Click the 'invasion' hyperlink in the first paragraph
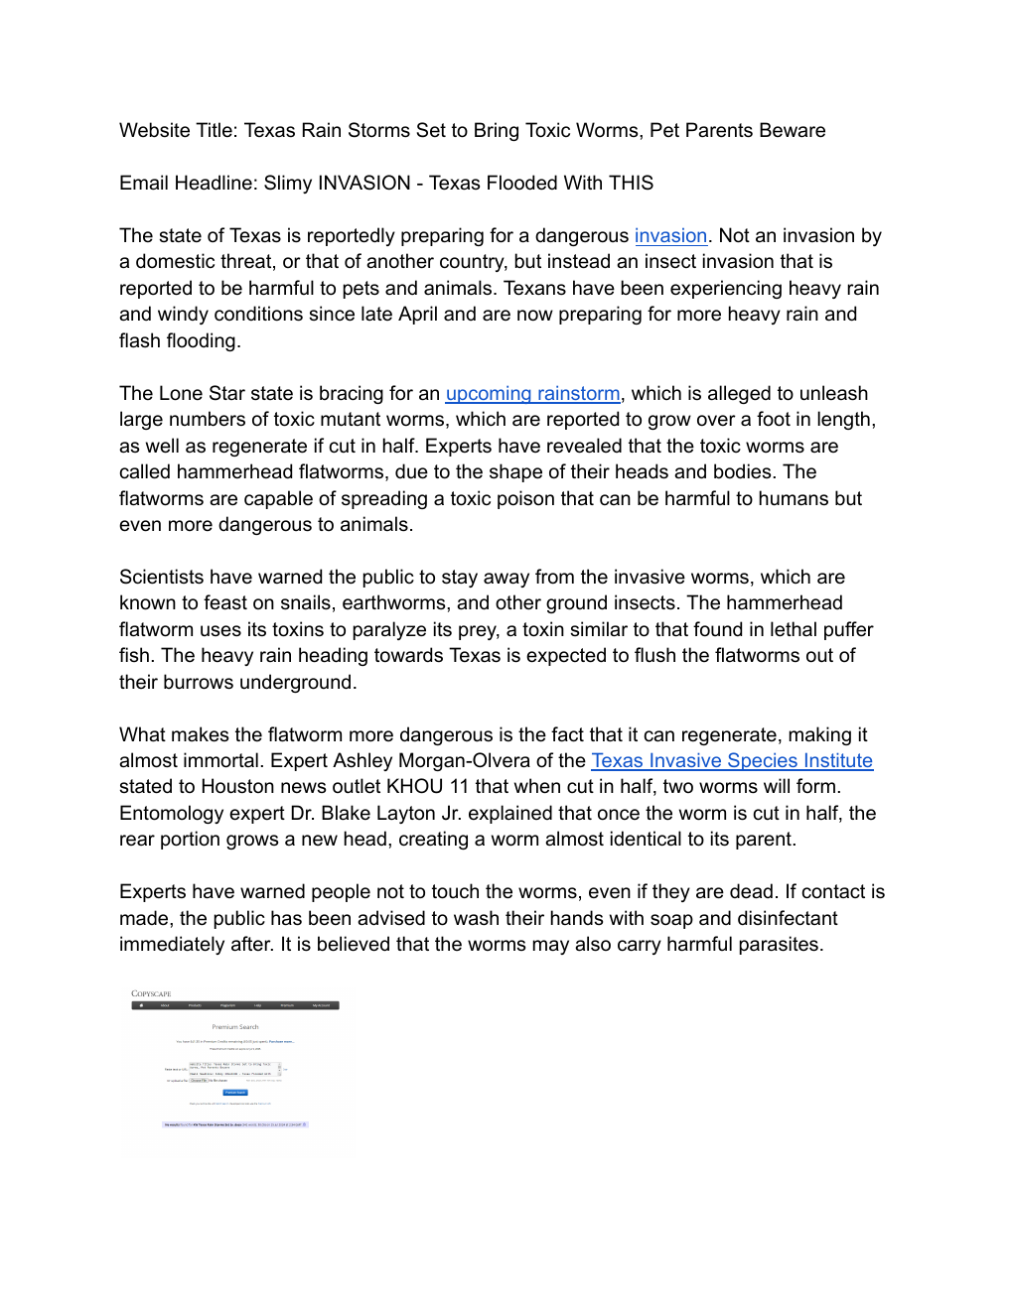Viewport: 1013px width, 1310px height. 670,236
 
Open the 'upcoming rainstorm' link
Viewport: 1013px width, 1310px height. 532,394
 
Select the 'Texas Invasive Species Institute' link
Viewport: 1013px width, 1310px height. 732,761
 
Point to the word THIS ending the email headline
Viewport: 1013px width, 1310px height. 631,184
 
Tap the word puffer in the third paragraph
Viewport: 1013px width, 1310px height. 843,630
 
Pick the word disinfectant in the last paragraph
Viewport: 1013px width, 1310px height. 775,919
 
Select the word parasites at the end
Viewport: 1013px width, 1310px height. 774,945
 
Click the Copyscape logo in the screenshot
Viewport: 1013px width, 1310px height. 151,993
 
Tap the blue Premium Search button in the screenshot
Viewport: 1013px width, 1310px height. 234,1093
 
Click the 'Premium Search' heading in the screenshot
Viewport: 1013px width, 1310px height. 235,1027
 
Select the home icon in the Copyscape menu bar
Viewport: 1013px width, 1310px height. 141,1005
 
